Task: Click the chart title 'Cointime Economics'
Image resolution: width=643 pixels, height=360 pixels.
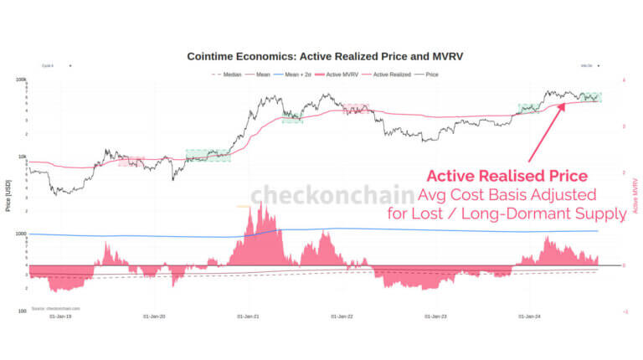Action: pyautogui.click(x=325, y=56)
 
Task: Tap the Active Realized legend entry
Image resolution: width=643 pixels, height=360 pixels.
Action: pyautogui.click(x=391, y=75)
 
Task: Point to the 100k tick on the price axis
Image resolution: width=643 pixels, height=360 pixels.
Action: pyautogui.click(x=22, y=80)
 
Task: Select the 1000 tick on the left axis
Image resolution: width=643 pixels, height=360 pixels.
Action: pyautogui.click(x=22, y=234)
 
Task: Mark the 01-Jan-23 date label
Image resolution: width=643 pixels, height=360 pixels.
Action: pyautogui.click(x=438, y=316)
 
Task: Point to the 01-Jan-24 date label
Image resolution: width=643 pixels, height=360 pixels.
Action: pyautogui.click(x=532, y=316)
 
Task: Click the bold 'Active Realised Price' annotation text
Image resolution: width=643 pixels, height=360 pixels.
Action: pyautogui.click(x=507, y=177)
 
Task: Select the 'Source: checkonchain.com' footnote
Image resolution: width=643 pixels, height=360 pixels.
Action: pyautogui.click(x=54, y=309)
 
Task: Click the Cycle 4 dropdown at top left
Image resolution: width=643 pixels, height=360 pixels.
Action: pyautogui.click(x=56, y=65)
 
